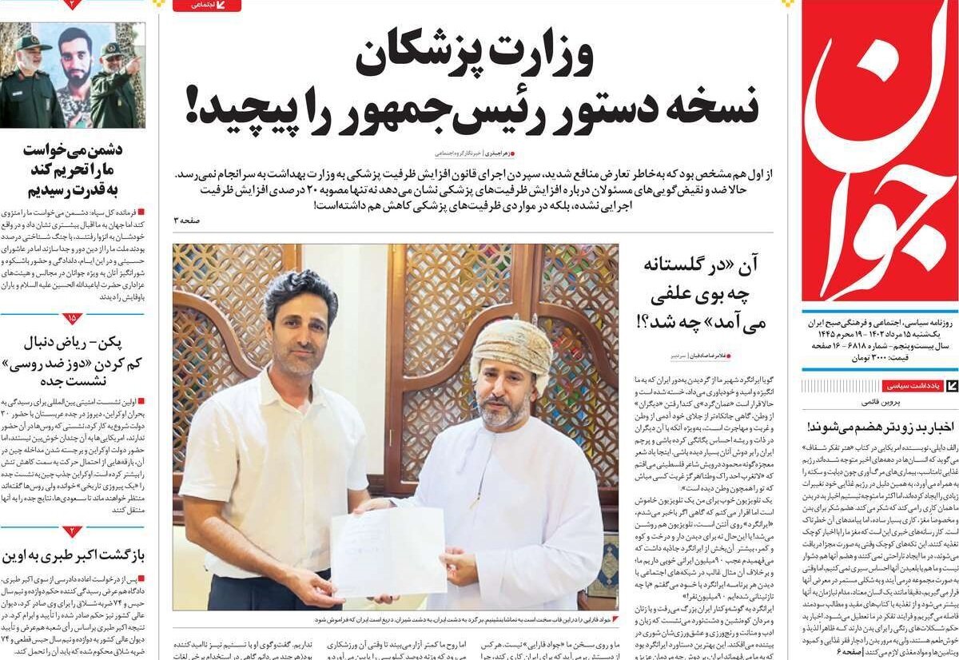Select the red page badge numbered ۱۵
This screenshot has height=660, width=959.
pyautogui.click(x=72, y=318)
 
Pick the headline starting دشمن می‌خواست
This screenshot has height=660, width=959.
pyautogui.click(x=74, y=169)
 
